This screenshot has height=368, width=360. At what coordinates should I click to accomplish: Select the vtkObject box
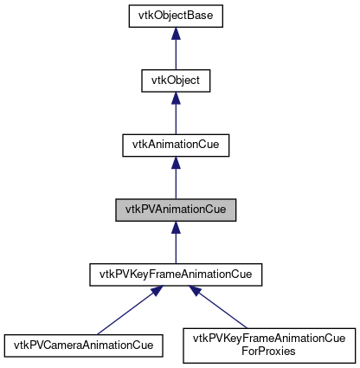(176, 81)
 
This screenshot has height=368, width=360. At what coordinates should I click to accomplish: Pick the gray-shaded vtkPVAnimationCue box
(176, 209)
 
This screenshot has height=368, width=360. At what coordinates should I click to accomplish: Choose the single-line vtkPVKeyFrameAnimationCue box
(176, 275)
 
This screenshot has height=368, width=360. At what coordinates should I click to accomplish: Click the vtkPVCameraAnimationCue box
(84, 345)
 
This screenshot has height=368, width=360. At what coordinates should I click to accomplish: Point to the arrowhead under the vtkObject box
(176, 100)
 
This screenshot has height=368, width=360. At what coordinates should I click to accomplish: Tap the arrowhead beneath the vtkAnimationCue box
(176, 165)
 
